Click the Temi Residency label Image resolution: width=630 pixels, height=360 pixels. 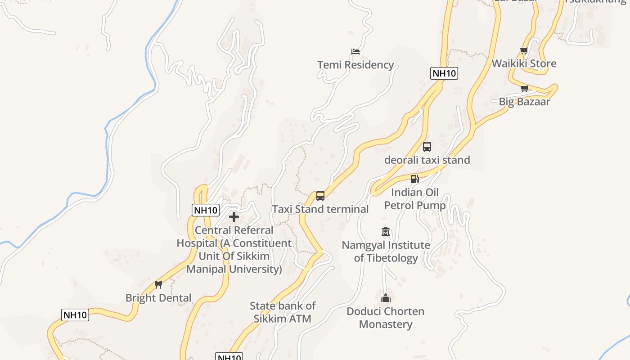point(355,65)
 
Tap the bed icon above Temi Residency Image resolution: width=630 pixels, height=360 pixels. point(355,52)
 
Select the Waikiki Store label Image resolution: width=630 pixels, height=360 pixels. point(524,63)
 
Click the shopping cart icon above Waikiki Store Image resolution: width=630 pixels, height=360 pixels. point(524,50)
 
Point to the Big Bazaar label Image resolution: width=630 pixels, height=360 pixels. point(524,102)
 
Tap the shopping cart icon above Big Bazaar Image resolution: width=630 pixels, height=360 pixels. point(524,89)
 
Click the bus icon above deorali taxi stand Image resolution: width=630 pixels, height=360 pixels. point(427,147)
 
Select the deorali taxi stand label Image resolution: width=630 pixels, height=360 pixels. point(427,160)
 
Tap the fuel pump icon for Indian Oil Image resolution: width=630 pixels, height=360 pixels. point(415,179)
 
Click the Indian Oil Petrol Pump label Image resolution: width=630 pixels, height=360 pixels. point(415,199)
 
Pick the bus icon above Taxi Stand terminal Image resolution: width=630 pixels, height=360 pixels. point(320,196)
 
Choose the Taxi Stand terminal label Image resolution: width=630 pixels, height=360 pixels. point(320,209)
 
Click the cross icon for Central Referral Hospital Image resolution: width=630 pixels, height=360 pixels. point(234,217)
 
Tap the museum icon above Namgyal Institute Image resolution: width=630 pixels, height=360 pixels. point(386,232)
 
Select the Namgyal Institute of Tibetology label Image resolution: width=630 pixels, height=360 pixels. point(386,252)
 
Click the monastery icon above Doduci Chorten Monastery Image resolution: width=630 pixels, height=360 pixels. point(386,298)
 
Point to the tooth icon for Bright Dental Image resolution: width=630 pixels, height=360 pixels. point(158,284)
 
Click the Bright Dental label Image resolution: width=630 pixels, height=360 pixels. point(158,298)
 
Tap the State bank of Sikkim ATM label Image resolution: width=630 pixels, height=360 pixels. point(283,312)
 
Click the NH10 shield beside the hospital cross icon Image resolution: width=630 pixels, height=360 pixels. point(206,210)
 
